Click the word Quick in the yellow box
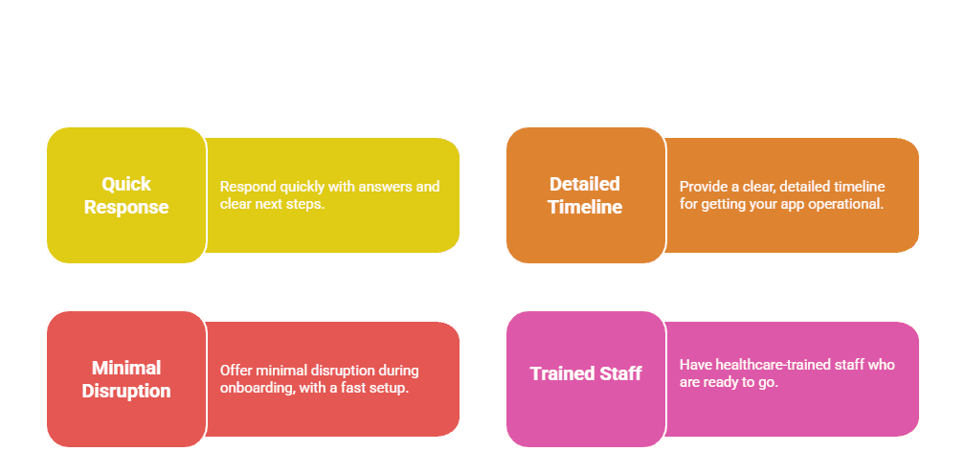[126, 184]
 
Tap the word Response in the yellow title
[126, 207]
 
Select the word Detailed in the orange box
[585, 184]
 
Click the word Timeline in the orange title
[585, 207]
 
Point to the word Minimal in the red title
[126, 368]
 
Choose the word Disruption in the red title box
[126, 391]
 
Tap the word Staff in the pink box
[621, 373]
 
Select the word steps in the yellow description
[305, 205]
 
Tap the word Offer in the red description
[236, 371]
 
